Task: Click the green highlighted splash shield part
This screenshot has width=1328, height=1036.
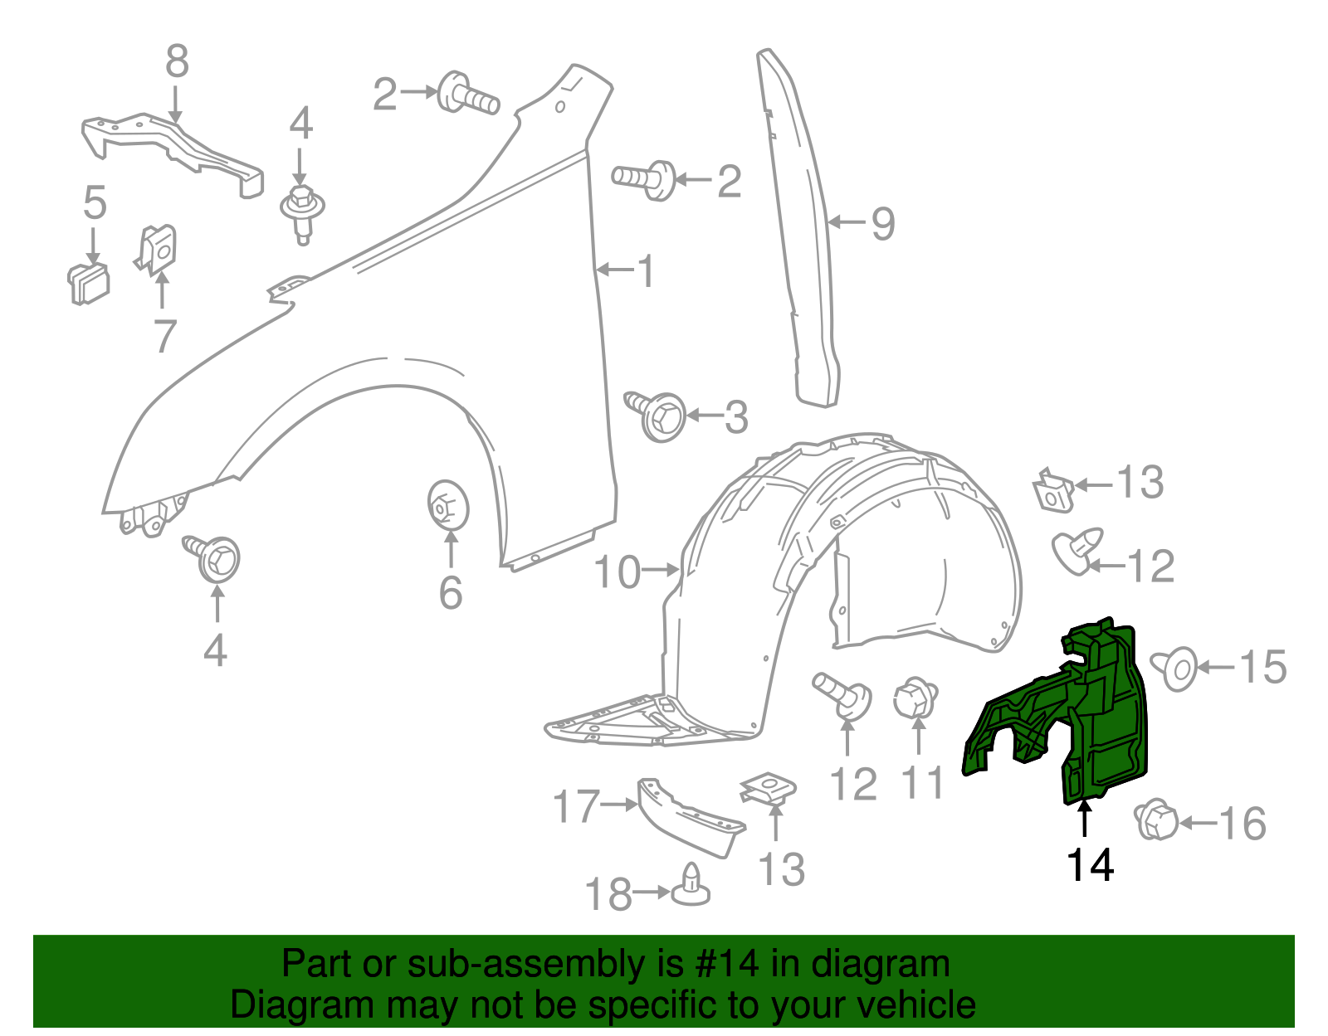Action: [x=1096, y=713]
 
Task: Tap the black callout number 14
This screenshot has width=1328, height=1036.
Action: [x=1090, y=865]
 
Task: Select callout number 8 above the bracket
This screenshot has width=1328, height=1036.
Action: [x=177, y=61]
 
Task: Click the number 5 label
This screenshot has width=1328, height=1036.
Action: [x=95, y=203]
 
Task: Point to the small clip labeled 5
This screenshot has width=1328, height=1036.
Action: [x=89, y=283]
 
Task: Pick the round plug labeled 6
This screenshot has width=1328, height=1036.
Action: [x=448, y=504]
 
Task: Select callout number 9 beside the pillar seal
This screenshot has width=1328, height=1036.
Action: [x=883, y=223]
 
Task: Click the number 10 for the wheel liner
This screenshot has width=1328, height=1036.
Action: [x=618, y=572]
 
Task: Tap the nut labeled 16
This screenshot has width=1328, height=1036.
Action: [x=1155, y=820]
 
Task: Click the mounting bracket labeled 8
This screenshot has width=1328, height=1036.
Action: [x=174, y=149]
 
